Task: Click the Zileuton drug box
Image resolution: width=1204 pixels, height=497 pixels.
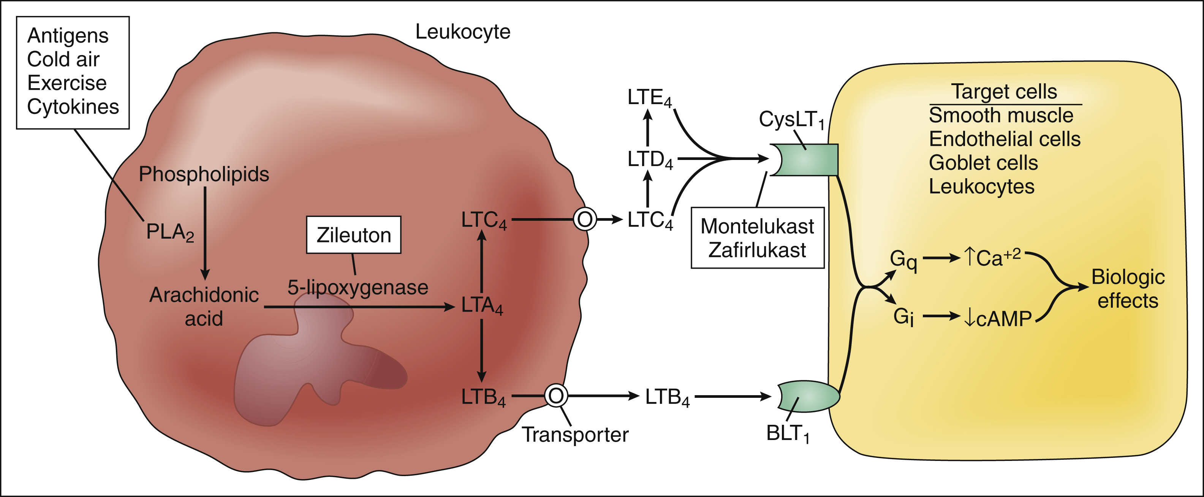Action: point(353,235)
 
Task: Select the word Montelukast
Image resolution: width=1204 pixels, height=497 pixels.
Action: point(757,226)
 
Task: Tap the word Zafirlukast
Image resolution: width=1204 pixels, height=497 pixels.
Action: point(757,250)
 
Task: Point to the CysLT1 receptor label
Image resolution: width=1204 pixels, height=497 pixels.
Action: point(791,120)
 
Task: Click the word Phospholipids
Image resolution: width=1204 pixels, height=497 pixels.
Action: point(204,174)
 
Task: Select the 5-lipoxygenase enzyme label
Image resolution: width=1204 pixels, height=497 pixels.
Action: point(358,287)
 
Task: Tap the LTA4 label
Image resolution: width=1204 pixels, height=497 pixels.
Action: point(482,306)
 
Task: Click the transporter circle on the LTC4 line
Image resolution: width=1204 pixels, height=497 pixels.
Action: point(585,219)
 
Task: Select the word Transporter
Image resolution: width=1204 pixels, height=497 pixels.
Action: point(575,434)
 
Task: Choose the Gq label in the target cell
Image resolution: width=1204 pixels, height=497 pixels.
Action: point(903,260)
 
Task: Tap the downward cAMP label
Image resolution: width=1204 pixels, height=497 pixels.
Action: point(998,318)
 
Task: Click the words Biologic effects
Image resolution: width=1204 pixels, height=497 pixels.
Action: point(1127,288)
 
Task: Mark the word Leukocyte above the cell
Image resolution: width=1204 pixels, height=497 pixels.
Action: point(463,32)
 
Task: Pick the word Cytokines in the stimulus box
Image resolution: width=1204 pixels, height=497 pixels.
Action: point(73,107)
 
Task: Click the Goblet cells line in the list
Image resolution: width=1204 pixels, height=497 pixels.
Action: point(983,163)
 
